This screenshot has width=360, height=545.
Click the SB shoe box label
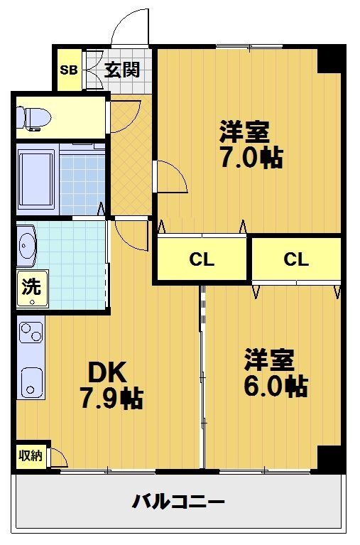(69, 70)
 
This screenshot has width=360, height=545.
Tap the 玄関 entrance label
(122, 70)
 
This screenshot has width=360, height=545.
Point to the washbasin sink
(28, 246)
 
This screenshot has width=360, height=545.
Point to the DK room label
(107, 372)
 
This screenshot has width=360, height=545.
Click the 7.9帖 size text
(111, 399)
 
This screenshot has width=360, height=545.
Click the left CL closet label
(202, 259)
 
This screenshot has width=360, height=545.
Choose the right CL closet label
(296, 259)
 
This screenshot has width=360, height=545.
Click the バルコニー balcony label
(179, 502)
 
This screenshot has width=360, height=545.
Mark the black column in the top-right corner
(331, 59)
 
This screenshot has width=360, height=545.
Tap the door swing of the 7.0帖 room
(170, 176)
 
